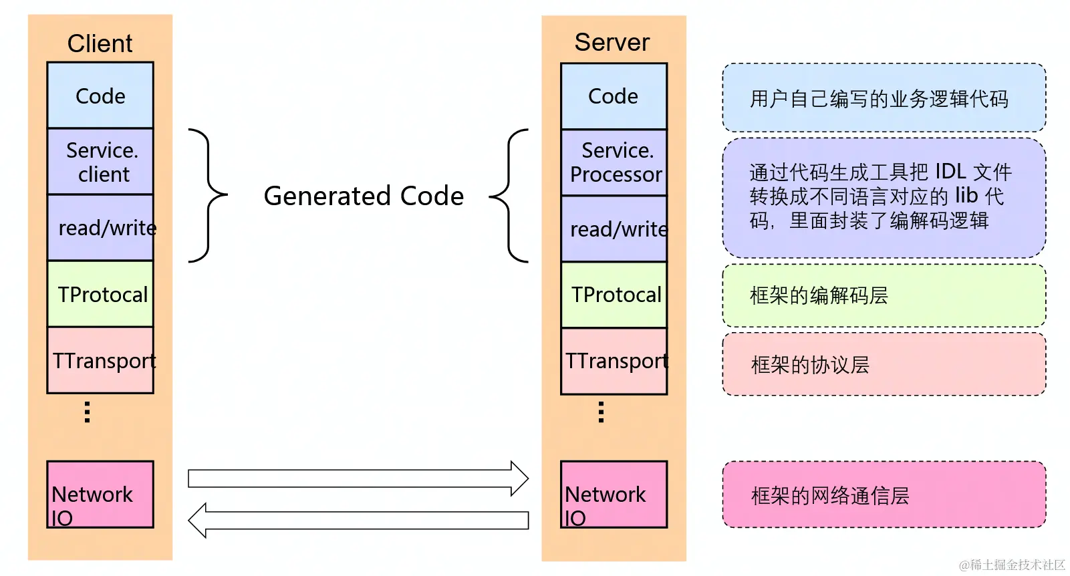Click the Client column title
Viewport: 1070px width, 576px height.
(x=100, y=43)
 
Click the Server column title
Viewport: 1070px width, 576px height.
(x=612, y=43)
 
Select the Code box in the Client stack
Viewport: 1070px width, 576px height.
(x=100, y=96)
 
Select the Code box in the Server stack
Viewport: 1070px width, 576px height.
(x=614, y=96)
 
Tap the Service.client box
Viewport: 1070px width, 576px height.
(x=100, y=162)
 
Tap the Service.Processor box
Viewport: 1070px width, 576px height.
(x=614, y=162)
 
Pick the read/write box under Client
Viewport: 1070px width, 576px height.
(x=100, y=228)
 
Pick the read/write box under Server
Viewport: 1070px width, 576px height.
(x=614, y=229)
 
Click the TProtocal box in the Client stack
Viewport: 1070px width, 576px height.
(x=100, y=294)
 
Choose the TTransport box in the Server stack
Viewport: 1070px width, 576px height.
(x=614, y=361)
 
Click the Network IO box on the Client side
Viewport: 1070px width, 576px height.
(x=100, y=494)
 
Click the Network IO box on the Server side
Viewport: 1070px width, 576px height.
(x=614, y=494)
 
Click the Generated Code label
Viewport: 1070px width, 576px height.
(x=364, y=196)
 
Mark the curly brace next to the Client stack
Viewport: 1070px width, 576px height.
(x=208, y=195)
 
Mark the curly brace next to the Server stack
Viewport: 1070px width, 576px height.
(x=510, y=196)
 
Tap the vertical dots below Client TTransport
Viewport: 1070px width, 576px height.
(x=87, y=412)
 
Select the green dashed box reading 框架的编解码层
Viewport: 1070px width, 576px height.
(x=884, y=295)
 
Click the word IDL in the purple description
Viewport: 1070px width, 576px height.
(x=950, y=172)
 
